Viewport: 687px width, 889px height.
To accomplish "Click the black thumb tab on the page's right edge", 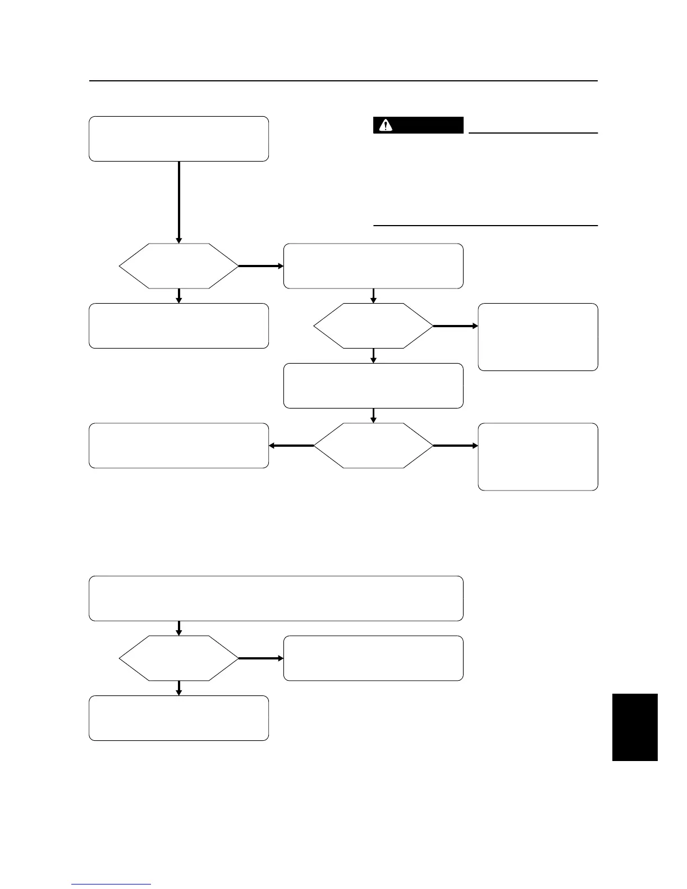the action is (x=634, y=727).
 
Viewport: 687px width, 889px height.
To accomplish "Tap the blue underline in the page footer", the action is (x=111, y=884).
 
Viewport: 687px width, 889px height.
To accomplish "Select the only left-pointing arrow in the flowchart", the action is (x=291, y=446).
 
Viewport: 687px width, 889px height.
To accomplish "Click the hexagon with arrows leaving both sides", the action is (x=373, y=446).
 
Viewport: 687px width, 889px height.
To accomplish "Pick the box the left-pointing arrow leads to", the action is (x=178, y=446).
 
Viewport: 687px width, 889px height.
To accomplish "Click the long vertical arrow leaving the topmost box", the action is (x=178, y=202).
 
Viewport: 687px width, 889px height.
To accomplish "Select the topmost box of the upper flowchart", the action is (x=178, y=139).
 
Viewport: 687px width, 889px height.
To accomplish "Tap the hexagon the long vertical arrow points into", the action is (x=178, y=266).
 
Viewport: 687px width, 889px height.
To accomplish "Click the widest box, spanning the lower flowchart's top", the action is (x=276, y=598).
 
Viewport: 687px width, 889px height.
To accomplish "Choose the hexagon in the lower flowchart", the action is (x=178, y=658).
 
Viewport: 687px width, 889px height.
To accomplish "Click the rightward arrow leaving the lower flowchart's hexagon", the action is (x=261, y=658).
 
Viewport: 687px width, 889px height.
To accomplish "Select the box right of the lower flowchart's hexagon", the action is (x=373, y=658).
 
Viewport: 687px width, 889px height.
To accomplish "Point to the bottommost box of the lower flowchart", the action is (x=178, y=718).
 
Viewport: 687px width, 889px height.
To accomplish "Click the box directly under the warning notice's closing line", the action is (x=373, y=266).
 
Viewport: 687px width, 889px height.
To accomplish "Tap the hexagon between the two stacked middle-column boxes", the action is (x=373, y=326).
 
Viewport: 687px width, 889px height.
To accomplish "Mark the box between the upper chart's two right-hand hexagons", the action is (x=373, y=386).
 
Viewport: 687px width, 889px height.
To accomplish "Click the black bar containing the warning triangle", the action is (x=418, y=125).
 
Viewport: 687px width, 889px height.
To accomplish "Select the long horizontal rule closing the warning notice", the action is (x=486, y=226).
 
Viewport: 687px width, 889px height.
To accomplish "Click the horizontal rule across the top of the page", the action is (x=343, y=81).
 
